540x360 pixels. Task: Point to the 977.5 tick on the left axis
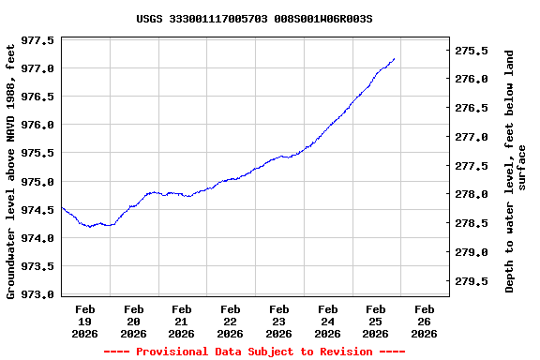click(x=37, y=41)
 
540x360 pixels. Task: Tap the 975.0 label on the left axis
click(x=37, y=182)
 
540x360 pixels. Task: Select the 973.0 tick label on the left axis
click(x=37, y=294)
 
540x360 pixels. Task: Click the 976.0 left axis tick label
click(x=37, y=126)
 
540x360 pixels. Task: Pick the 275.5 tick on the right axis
click(x=472, y=51)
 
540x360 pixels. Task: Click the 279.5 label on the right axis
click(x=472, y=281)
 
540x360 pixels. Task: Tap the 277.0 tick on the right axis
click(x=472, y=137)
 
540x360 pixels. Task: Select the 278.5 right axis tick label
click(x=472, y=223)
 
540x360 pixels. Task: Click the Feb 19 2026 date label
click(x=85, y=321)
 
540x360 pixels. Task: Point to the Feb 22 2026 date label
click(x=230, y=321)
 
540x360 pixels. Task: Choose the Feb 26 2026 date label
click(x=424, y=321)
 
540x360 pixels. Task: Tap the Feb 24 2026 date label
click(x=327, y=321)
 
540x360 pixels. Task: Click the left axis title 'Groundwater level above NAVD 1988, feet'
click(x=12, y=169)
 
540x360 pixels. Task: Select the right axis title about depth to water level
click(x=516, y=171)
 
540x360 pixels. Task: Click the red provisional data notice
click(x=254, y=352)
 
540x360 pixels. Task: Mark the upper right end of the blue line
click(x=395, y=58)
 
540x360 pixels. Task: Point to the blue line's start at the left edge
click(x=62, y=207)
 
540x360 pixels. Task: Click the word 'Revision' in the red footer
click(x=343, y=352)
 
